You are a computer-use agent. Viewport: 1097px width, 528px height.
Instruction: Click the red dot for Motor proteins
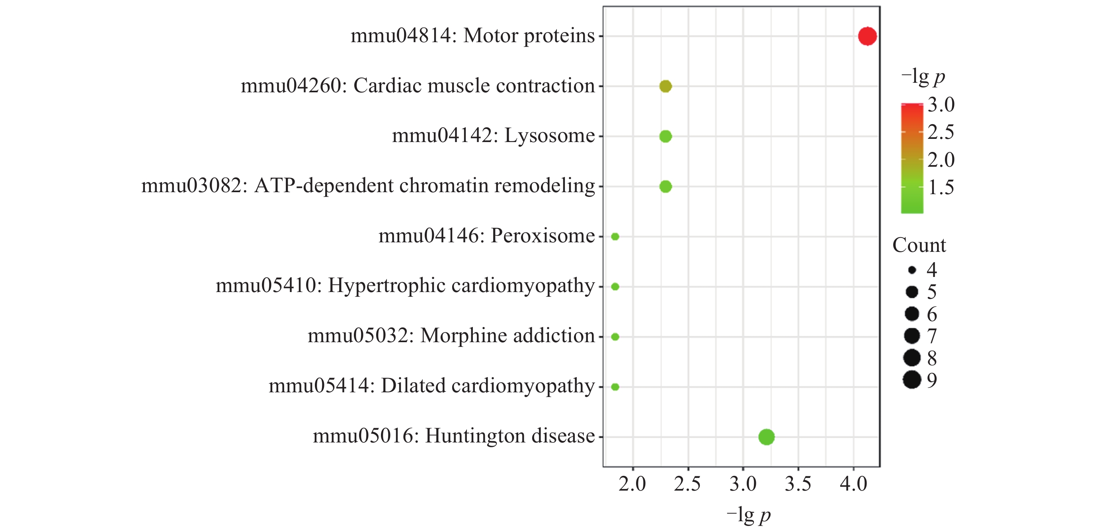[867, 36]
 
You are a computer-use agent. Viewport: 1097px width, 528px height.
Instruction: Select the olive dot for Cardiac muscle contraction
[666, 86]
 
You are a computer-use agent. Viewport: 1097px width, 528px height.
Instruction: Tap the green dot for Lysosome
[666, 136]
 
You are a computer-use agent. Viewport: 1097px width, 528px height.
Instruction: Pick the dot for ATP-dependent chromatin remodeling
[666, 187]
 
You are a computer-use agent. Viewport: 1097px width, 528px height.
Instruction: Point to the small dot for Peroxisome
[615, 236]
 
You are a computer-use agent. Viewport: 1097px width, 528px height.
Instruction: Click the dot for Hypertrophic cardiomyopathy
[615, 286]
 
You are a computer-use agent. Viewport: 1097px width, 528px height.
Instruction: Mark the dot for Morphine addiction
[615, 337]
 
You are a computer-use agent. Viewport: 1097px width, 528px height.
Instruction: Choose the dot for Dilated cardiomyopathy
[615, 387]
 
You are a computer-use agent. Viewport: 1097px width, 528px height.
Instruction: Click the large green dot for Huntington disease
[766, 437]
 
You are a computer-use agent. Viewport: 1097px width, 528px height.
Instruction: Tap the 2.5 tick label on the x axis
[687, 484]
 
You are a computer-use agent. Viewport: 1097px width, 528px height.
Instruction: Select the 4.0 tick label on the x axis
[853, 484]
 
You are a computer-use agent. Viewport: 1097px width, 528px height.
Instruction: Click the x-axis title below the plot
[748, 515]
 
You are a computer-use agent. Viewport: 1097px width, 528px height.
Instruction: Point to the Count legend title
[919, 245]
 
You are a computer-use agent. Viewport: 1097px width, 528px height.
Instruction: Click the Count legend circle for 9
[912, 380]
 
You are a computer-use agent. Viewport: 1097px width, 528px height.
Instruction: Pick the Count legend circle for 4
[912, 270]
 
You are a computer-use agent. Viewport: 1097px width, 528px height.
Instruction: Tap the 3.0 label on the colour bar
[941, 105]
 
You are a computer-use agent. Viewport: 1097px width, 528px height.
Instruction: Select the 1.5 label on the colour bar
[941, 187]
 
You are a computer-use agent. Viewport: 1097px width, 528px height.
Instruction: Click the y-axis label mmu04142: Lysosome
[493, 136]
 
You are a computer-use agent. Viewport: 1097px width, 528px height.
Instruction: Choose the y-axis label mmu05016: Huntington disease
[453, 436]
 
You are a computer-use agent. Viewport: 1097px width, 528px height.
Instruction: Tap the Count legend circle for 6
[912, 314]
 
